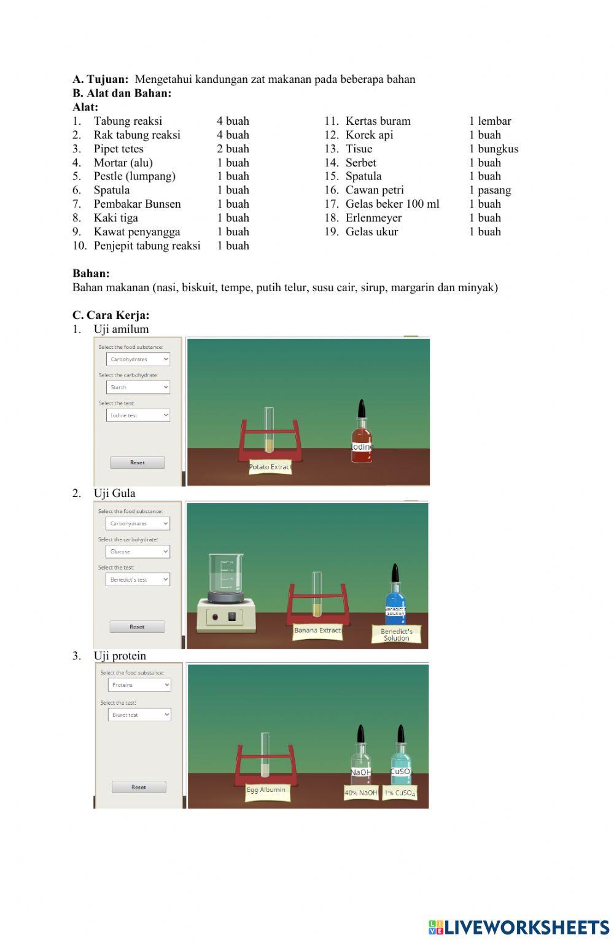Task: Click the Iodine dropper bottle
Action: click(x=362, y=434)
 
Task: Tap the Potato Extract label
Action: click(x=270, y=467)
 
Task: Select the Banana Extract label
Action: click(x=317, y=630)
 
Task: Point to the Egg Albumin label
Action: click(x=266, y=790)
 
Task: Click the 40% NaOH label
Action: click(x=361, y=793)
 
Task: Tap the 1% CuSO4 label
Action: click(x=400, y=793)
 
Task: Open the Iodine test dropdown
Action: click(x=138, y=415)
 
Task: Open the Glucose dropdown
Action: click(x=138, y=552)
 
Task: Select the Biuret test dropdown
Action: click(x=139, y=715)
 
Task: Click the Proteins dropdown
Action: click(x=139, y=684)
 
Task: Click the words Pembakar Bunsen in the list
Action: click(x=137, y=204)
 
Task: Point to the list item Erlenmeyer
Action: click(x=373, y=217)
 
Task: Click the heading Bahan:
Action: click(x=91, y=273)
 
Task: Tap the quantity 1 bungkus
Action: click(x=494, y=149)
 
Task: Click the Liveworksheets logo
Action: click(x=518, y=927)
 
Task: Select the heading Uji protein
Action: click(x=120, y=656)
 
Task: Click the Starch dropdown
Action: click(x=138, y=387)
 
